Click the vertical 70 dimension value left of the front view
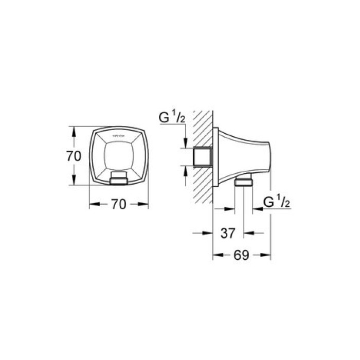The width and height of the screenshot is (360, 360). point(74,156)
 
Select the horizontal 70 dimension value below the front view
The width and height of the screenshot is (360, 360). point(118,204)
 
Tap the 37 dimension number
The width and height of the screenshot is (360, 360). point(228,233)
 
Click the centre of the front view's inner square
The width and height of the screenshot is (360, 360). point(119,154)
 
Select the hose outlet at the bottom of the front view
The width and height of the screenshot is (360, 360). point(119,179)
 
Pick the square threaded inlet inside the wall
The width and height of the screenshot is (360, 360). point(202,156)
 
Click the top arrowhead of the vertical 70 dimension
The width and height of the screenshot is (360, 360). point(74,131)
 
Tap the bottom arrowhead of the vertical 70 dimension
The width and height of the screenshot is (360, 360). point(74,181)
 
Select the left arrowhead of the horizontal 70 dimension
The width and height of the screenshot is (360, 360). point(93,204)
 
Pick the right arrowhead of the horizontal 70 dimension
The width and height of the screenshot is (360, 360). point(145,204)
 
